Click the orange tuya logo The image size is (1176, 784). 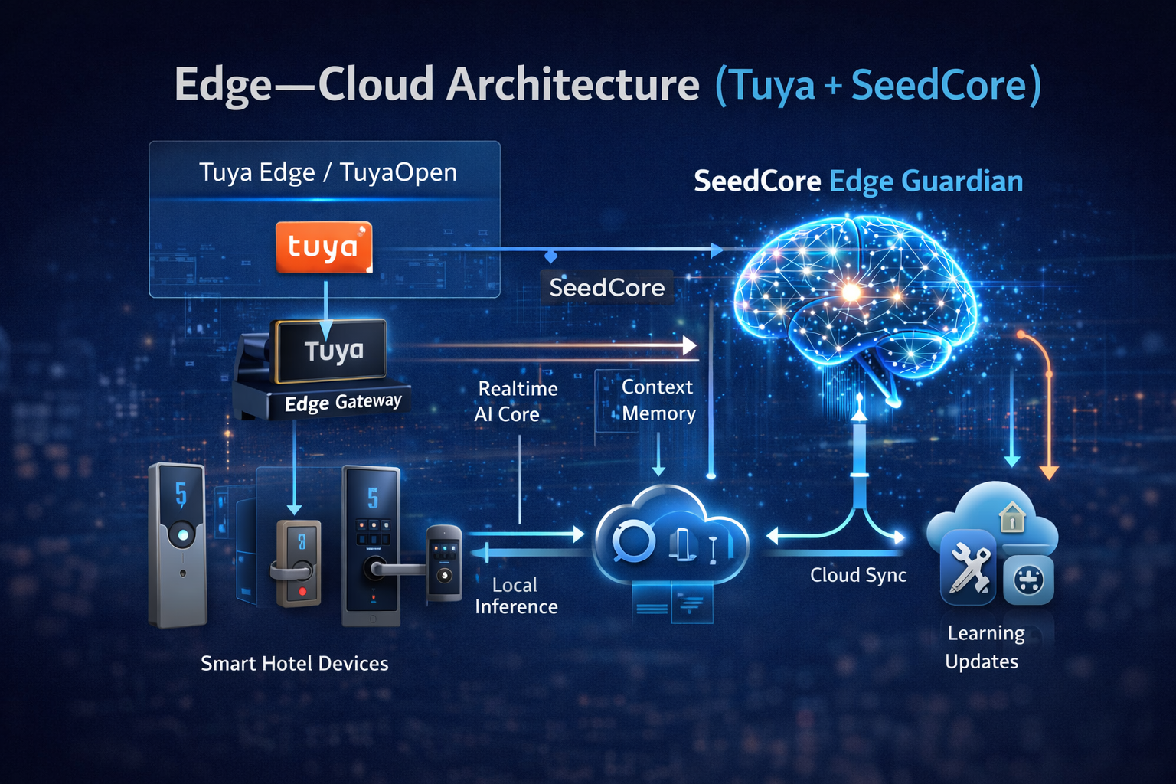(x=324, y=247)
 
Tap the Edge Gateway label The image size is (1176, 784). (x=342, y=402)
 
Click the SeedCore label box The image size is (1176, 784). (x=606, y=288)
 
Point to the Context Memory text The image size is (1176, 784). (x=658, y=400)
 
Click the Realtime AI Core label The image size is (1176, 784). (x=514, y=401)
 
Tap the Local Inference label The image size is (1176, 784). (x=516, y=596)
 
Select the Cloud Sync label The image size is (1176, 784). (x=858, y=575)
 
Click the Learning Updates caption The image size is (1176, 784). (x=984, y=647)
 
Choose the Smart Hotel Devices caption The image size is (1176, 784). (x=295, y=663)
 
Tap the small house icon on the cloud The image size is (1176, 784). (x=1012, y=518)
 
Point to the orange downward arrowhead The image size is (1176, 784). (x=1049, y=472)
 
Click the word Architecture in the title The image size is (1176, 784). (x=573, y=84)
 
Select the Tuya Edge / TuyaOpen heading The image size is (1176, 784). (x=328, y=172)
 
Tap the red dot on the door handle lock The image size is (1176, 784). (x=302, y=591)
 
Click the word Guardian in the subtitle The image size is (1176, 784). (x=962, y=181)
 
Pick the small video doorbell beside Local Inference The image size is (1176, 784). (x=444, y=562)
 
